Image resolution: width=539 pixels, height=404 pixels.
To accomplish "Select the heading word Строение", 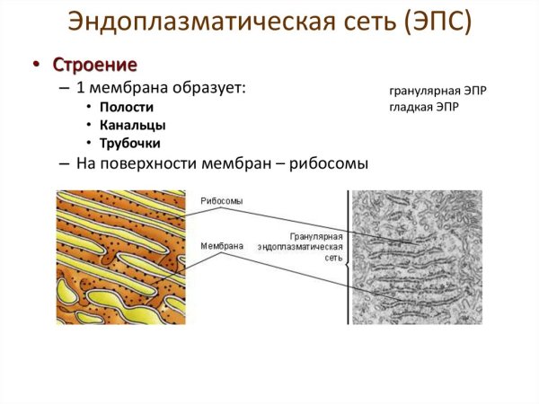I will [x=95, y=65].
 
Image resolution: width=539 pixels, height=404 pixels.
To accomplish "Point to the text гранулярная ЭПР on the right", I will [x=437, y=92].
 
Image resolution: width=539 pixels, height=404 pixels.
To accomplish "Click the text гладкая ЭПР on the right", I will [x=427, y=107].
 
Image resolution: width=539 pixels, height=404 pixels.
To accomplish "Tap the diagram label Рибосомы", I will [x=221, y=201].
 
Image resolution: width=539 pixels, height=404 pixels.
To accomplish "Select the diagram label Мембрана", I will [x=221, y=243].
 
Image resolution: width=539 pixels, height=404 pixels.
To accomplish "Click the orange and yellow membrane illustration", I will [x=121, y=257].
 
